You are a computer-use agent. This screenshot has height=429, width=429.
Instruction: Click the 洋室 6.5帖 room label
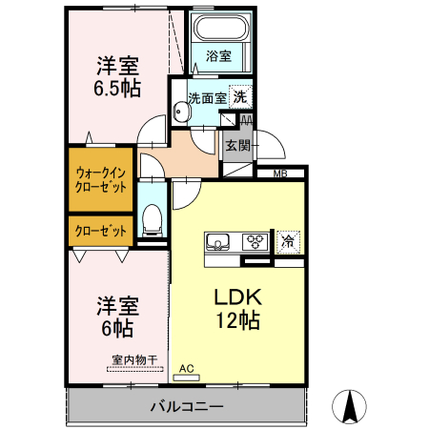tap(118, 77)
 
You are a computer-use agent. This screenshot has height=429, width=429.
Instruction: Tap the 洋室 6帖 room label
tap(118, 317)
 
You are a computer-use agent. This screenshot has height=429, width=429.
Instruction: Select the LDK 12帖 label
tap(235, 309)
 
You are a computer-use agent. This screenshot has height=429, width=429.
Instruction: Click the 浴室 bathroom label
tap(218, 56)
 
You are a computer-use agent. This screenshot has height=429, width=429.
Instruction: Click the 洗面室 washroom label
tap(206, 97)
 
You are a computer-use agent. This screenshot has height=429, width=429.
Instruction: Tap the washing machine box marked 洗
tap(242, 96)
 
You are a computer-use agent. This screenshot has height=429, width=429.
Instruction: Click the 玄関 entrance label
tap(236, 146)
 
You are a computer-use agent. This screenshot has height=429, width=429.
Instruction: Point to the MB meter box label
tap(280, 174)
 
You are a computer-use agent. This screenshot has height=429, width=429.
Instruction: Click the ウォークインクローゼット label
tap(99, 179)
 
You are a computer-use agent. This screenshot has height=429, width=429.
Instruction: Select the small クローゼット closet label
tap(99, 231)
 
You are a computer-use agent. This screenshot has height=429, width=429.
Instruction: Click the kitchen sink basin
tap(220, 241)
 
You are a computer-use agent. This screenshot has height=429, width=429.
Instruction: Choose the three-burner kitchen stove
tap(256, 241)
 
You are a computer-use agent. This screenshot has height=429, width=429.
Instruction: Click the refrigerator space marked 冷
tap(287, 241)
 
